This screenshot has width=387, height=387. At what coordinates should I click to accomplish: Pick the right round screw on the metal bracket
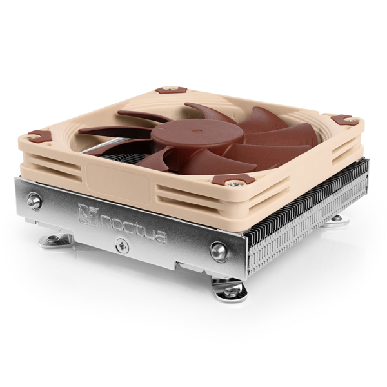(x=219, y=251)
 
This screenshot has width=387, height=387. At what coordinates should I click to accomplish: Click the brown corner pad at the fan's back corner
(x=168, y=89)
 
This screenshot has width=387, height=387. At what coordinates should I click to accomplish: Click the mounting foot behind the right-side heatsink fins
(x=336, y=220)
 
